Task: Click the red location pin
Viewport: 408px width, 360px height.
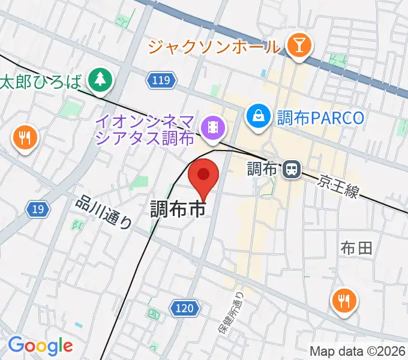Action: pyautogui.click(x=203, y=176)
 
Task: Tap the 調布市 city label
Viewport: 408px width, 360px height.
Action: pyautogui.click(x=178, y=209)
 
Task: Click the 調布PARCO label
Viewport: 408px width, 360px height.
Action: pyautogui.click(x=320, y=117)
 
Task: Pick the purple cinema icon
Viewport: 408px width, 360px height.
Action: pyautogui.click(x=212, y=127)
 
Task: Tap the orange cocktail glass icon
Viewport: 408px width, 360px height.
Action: pyautogui.click(x=297, y=44)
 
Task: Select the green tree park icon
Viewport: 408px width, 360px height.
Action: pyautogui.click(x=100, y=79)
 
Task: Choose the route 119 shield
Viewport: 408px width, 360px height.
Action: pyautogui.click(x=161, y=80)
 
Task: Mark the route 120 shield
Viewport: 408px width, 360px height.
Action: pyautogui.click(x=184, y=308)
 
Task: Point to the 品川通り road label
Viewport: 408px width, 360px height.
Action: pyautogui.click(x=103, y=212)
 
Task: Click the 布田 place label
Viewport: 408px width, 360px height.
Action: pyautogui.click(x=356, y=247)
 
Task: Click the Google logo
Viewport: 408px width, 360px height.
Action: pyautogui.click(x=40, y=345)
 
